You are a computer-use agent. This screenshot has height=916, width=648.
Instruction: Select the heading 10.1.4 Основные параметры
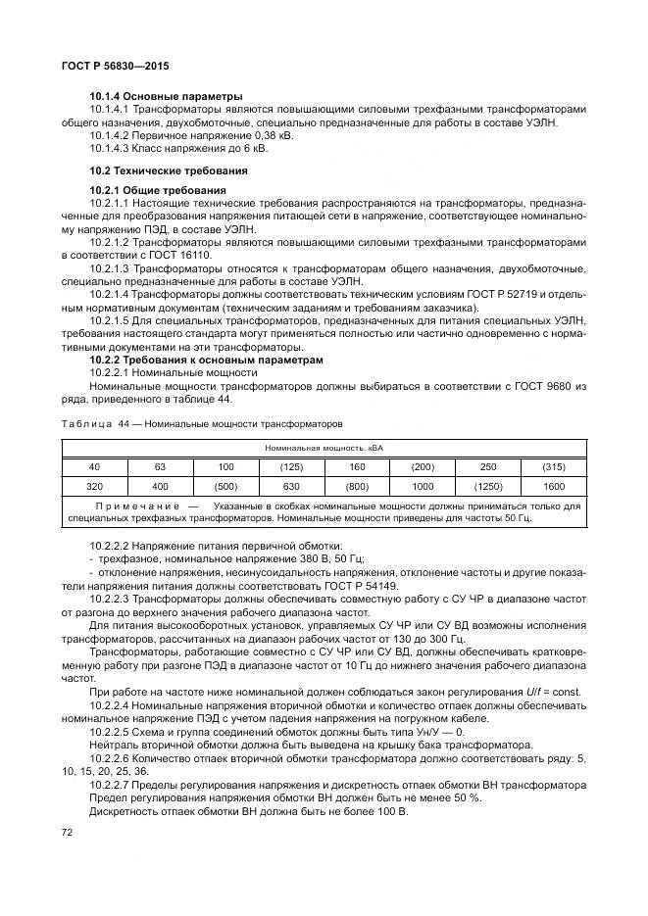[152, 97]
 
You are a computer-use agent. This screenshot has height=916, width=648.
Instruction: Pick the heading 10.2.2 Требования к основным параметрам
[206, 361]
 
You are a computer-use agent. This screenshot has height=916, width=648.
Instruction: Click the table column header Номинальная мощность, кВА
[324, 447]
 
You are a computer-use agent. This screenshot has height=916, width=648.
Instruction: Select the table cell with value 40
[94, 466]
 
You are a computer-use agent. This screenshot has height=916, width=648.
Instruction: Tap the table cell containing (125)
[290, 466]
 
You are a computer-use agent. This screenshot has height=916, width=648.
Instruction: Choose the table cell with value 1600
[554, 487]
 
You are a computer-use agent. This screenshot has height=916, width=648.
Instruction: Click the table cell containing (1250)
[487, 487]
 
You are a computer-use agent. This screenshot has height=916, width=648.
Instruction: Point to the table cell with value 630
[290, 487]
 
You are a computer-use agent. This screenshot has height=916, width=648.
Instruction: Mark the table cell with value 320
[94, 487]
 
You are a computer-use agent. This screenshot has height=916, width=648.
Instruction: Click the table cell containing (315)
[554, 466]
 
